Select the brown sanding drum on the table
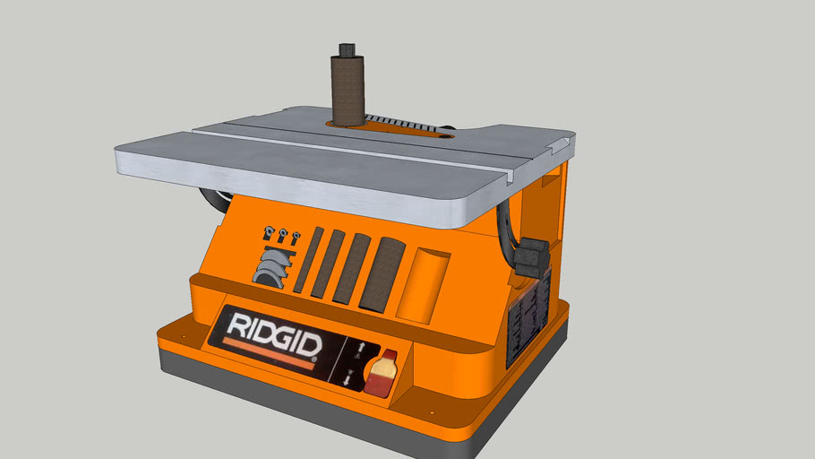(x=347, y=90)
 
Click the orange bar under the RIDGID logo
(x=270, y=352)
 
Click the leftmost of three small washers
(x=268, y=234)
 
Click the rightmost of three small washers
(x=295, y=238)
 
